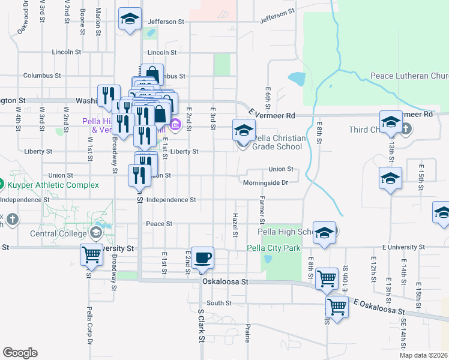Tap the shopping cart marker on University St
pos(92,254)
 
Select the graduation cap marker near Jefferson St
pos(130,19)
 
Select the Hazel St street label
pos(235,223)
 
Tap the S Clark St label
pos(201,330)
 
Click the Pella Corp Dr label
pos(89,325)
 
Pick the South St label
pos(218,303)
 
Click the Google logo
pos(20,353)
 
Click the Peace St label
pos(159,224)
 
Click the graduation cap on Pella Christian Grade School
pos(244,130)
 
